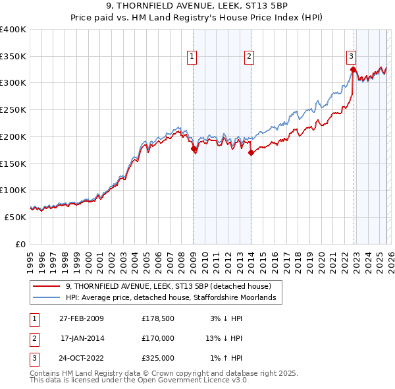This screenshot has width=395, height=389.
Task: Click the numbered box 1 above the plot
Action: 192,57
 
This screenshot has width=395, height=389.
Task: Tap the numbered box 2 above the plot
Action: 250,57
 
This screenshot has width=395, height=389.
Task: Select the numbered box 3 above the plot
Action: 352,57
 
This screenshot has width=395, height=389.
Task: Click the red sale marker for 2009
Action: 194,149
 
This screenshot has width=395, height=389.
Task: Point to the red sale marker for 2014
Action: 251,153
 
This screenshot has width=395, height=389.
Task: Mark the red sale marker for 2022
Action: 354,69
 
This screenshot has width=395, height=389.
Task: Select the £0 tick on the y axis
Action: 20,244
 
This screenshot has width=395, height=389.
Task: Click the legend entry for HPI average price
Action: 174,298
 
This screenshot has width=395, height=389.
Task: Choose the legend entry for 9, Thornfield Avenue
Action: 173,286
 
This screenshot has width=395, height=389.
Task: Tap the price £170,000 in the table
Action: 157,339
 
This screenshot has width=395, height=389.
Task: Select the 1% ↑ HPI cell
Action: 226,359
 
